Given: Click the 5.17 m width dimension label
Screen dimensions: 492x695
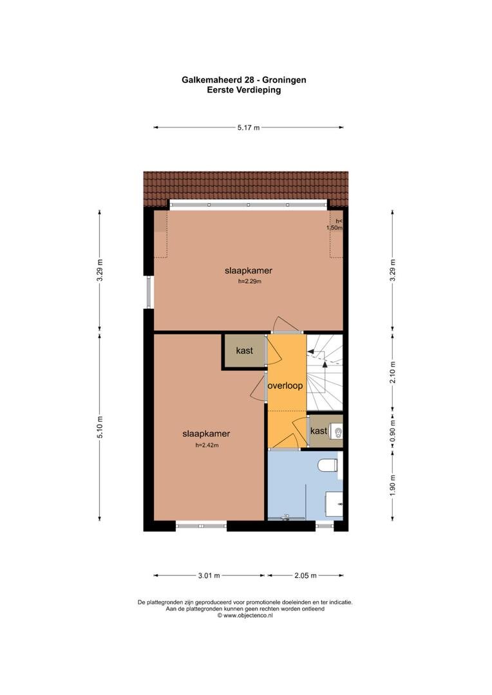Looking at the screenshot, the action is [249, 127].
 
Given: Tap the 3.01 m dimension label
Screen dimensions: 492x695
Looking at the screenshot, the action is [209, 576].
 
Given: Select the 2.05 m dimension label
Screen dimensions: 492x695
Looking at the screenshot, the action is [306, 576].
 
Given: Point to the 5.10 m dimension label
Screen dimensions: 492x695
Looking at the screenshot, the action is [100, 427].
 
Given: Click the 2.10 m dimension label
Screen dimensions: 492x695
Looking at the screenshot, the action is [393, 373].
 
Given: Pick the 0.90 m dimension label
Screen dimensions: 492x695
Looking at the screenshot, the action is [393, 431].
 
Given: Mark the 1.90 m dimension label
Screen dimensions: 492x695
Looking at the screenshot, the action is [393, 485].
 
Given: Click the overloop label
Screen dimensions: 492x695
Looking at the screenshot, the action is [285, 385].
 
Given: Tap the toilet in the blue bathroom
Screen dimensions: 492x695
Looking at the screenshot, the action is [328, 465].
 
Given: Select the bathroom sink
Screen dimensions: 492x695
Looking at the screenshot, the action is [334, 504].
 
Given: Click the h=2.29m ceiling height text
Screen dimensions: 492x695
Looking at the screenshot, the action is [250, 281].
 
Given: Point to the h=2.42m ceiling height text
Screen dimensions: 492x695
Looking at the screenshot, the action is [207, 445].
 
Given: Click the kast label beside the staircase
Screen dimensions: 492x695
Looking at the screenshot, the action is [245, 351].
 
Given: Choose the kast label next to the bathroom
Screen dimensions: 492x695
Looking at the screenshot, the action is [319, 431].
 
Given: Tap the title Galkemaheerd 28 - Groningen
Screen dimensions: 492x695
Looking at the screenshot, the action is [244, 80].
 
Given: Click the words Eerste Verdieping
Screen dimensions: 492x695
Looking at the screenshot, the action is [244, 90].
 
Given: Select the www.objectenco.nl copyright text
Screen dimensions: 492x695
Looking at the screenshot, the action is [245, 615].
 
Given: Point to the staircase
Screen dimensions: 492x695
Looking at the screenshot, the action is [325, 373].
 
